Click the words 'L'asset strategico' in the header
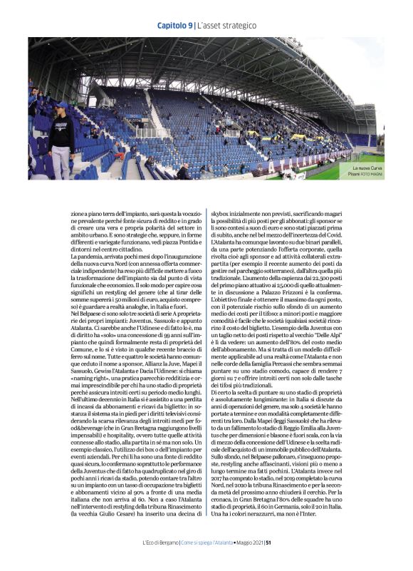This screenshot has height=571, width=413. pyautogui.click(x=226, y=26)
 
